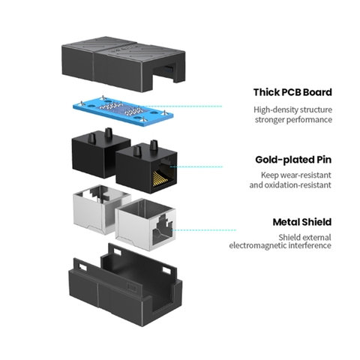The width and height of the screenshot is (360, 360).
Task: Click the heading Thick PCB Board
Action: click(x=292, y=93)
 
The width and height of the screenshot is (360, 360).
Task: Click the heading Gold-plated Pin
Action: click(x=292, y=159)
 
